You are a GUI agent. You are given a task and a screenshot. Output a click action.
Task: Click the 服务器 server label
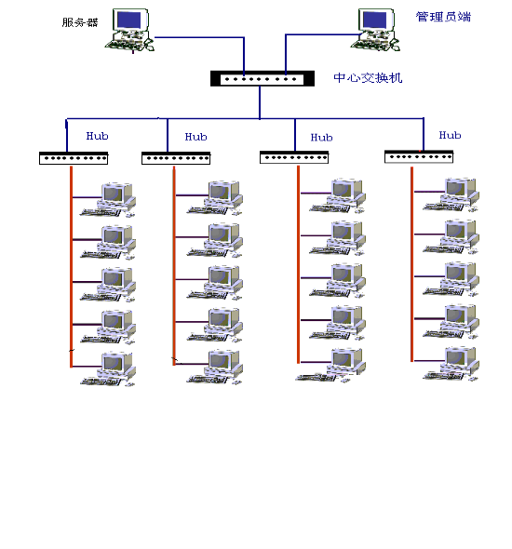pos(80,22)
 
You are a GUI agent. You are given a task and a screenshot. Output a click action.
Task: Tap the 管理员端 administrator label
pos(443,17)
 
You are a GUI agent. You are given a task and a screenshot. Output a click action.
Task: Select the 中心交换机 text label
pos(368,78)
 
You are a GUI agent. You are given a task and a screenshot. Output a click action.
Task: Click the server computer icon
pos(129,30)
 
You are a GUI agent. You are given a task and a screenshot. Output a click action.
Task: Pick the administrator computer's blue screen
pos(375,20)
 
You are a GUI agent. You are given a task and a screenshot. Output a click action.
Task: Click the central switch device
pos(263,78)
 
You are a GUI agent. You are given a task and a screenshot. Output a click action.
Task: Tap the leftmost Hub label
pos(98,136)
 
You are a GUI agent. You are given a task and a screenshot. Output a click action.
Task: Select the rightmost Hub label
pos(450,135)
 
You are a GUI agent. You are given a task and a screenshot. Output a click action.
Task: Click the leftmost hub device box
pos(74,158)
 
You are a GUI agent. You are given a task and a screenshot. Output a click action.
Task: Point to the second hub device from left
pos(176,158)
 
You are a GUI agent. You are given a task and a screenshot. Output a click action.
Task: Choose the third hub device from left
pos(294,157)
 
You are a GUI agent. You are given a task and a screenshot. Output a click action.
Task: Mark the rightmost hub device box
pos(419,157)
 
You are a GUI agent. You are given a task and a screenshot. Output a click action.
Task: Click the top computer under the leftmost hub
pos(108,199)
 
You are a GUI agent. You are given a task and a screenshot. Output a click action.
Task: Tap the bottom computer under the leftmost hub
pos(108,369)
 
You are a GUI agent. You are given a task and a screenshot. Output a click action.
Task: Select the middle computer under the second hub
pos(215,283)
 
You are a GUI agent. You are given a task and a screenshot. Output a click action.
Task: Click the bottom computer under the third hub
pos(331,365)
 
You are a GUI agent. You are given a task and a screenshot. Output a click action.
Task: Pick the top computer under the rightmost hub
pos(451,195)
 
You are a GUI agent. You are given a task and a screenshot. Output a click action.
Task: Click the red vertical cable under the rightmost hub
pos(411,264)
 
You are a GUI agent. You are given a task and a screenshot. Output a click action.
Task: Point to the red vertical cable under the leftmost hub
pos(71,267)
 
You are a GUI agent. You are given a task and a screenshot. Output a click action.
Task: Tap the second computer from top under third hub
pos(337,238)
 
